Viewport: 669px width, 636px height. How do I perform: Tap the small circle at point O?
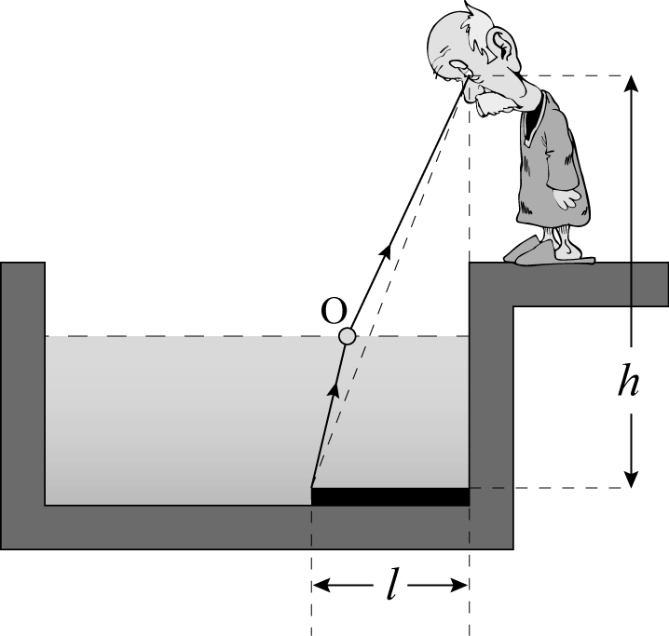[348, 336]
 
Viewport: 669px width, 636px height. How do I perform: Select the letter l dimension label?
[390, 584]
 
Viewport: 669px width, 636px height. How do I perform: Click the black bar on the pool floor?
[390, 496]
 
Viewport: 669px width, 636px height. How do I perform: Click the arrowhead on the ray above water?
[386, 249]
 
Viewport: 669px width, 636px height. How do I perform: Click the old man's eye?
[460, 65]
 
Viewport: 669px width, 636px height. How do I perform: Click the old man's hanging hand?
[567, 198]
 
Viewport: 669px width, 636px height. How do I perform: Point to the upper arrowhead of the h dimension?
[632, 83]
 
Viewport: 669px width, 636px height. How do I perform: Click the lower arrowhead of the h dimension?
[632, 480]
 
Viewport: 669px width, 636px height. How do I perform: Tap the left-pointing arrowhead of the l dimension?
[321, 586]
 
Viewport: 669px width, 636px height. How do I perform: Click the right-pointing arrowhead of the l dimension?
[459, 586]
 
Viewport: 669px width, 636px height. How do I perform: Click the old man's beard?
[495, 105]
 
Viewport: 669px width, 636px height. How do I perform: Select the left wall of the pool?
[22, 384]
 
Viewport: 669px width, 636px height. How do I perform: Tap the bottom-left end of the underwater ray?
[311, 488]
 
